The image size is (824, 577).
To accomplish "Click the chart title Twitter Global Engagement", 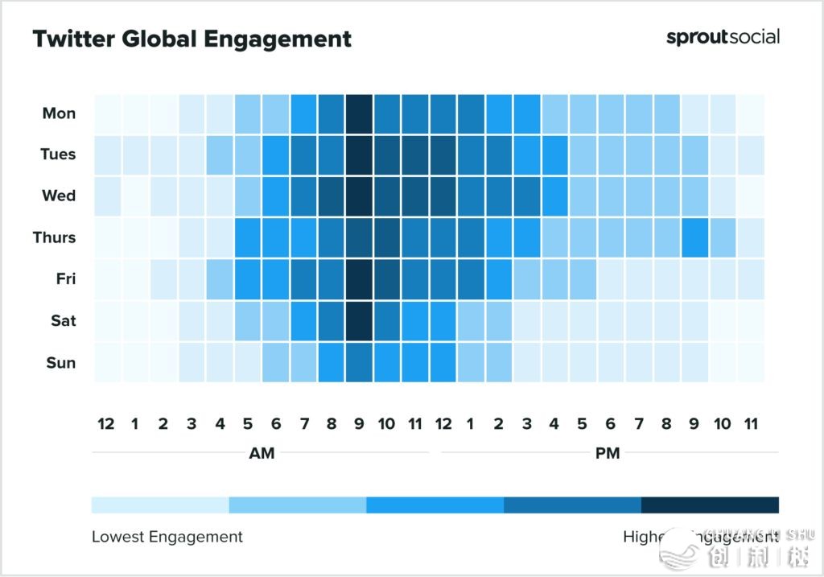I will [192, 39].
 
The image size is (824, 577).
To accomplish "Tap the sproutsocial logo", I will [723, 37].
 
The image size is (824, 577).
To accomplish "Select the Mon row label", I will [59, 113].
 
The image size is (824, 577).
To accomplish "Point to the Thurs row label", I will [54, 237].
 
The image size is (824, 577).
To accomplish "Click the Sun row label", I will [60, 362].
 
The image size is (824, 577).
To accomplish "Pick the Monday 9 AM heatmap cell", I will [360, 113].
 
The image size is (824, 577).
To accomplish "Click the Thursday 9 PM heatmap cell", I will [694, 237].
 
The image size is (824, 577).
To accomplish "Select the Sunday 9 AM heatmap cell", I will [360, 362].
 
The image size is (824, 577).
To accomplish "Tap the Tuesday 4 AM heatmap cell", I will [220, 155].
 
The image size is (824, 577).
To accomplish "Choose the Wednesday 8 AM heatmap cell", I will [332, 196].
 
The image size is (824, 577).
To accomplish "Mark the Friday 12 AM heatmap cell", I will [107, 279].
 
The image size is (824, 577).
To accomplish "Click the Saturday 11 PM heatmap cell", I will [751, 320].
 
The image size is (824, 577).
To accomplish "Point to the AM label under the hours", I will [262, 453].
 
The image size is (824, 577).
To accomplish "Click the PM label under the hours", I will [608, 453].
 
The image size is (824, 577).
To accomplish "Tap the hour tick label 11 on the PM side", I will [751, 423].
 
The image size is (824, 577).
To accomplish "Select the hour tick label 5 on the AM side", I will [247, 423].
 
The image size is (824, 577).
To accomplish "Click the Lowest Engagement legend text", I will [167, 536].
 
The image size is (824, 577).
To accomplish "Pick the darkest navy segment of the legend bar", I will [710, 505].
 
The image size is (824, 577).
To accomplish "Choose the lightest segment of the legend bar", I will [160, 505].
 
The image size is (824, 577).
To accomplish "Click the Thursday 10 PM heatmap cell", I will [723, 237].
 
